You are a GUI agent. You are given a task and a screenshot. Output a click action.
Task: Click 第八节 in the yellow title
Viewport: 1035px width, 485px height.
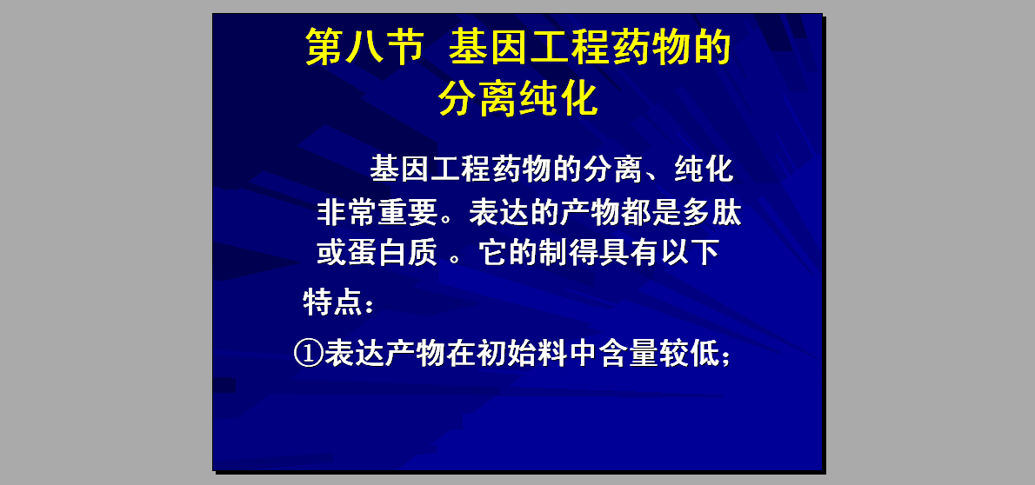[363, 48]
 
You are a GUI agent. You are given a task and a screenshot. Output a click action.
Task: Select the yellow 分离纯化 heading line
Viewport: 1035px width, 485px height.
[518, 99]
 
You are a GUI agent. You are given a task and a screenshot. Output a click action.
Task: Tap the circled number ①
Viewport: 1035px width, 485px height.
[308, 355]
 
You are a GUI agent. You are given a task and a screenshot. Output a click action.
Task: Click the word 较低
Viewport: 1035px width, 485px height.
[687, 355]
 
